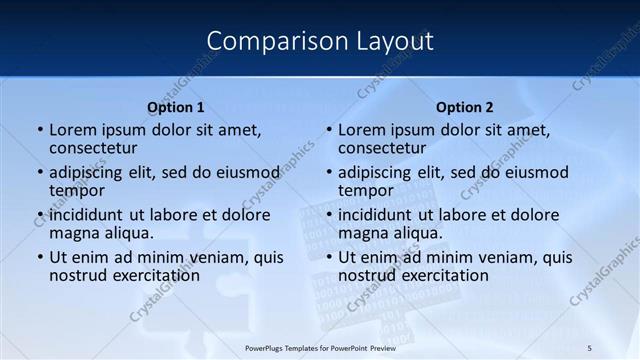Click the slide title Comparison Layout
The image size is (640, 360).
(320, 41)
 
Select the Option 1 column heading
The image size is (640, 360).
(176, 107)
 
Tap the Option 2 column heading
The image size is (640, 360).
(465, 107)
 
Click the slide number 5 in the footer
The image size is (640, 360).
(589, 347)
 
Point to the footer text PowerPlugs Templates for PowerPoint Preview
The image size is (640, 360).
(319, 347)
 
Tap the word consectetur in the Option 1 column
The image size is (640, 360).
(92, 148)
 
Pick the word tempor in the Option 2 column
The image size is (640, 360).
(365, 191)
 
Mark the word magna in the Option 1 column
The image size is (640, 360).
(73, 233)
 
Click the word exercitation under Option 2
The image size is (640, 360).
(439, 275)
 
